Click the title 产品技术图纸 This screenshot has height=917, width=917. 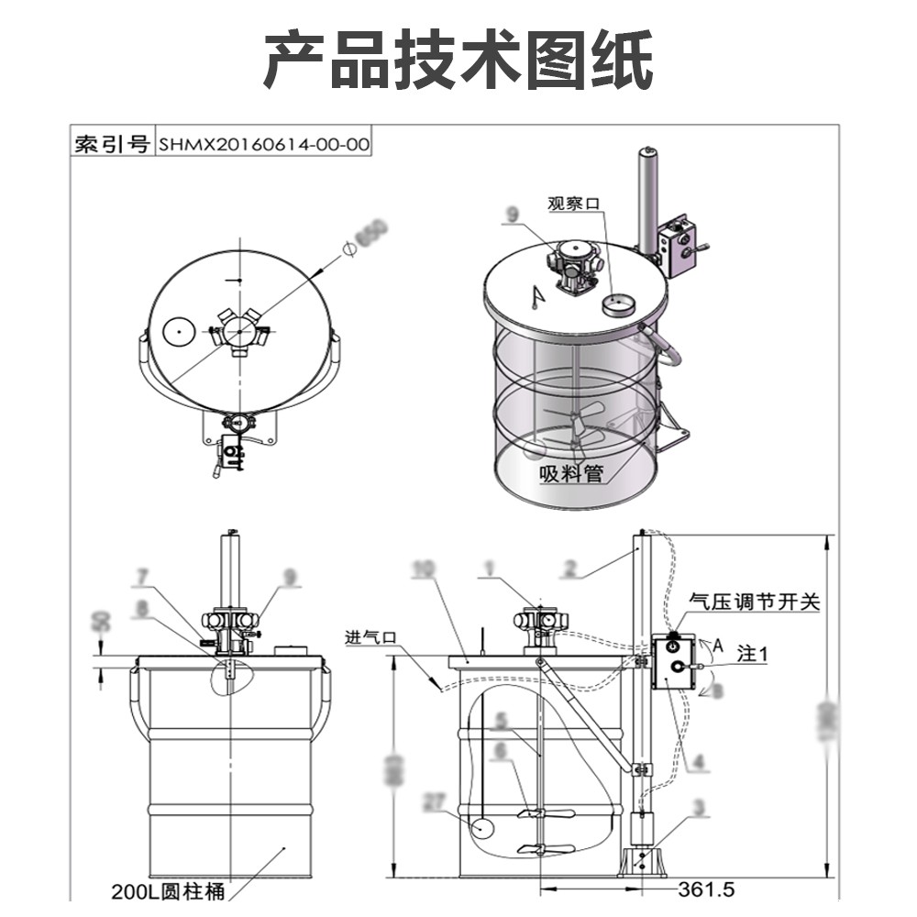pos(458,60)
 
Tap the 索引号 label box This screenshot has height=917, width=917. pos(112,144)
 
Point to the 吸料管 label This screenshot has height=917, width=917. pos(569,473)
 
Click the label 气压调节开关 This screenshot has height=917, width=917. pos(754,602)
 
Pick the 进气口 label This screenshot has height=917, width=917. pos(370,636)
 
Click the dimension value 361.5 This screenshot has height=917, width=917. pos(707,889)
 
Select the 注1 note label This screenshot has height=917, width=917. pos(752,654)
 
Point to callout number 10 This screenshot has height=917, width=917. pos(423,569)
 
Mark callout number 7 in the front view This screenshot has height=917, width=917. pos(142,577)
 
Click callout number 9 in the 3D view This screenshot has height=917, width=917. pos(512,215)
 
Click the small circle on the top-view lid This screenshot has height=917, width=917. pos(176,331)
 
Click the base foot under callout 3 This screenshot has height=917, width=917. pos(643,862)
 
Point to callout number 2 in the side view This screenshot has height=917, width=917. pos(570,569)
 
